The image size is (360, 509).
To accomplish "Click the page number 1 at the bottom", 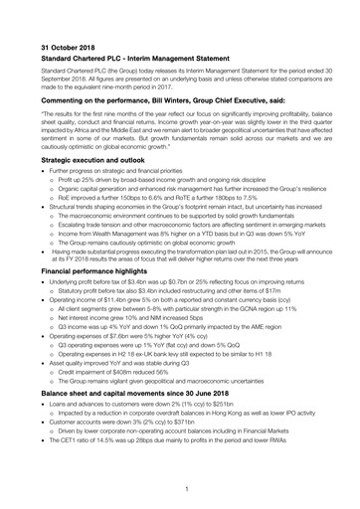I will (x=186, y=488).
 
